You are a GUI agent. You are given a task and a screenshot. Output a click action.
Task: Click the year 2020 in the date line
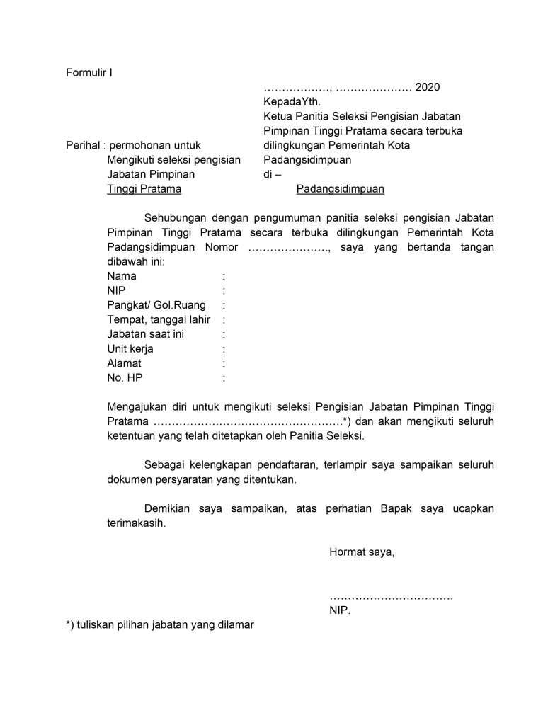coord(427,88)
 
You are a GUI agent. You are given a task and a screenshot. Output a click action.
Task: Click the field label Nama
coord(122,276)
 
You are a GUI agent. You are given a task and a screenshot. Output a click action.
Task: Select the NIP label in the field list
coord(116,290)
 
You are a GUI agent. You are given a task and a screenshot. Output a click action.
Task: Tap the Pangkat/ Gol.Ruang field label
coord(156,305)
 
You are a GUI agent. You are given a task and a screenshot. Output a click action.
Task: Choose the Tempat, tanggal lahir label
coord(159,320)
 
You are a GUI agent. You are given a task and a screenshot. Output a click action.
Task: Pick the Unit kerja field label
coord(130,349)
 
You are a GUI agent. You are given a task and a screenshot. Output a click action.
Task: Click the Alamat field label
coord(124,363)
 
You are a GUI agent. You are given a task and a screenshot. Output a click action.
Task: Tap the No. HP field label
coord(125,378)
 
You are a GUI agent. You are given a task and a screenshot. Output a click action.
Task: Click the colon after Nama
coord(224,276)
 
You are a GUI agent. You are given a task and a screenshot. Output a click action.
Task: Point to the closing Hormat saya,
coord(362,552)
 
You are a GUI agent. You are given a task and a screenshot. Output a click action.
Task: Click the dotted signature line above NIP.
coord(391,598)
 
